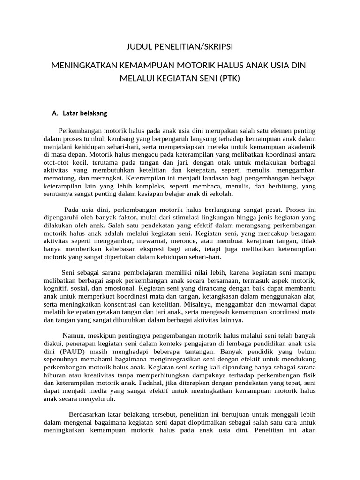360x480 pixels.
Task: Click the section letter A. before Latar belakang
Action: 55,113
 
